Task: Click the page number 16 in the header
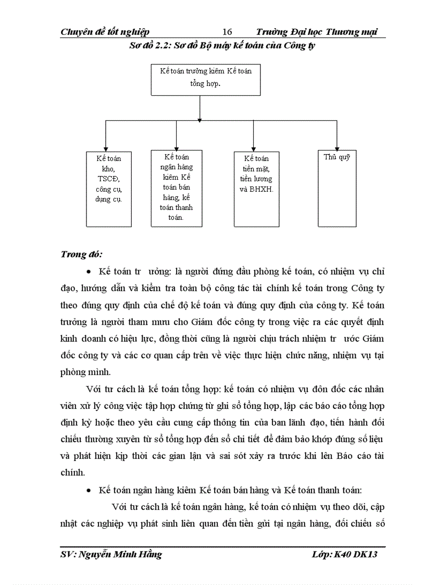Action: point(227,32)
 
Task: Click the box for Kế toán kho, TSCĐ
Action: point(108,189)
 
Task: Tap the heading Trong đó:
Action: point(82,254)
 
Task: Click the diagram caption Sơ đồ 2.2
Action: point(223,45)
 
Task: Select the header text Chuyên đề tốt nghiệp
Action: point(105,32)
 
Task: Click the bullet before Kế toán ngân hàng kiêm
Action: point(89,491)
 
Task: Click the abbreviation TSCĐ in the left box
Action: point(108,179)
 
